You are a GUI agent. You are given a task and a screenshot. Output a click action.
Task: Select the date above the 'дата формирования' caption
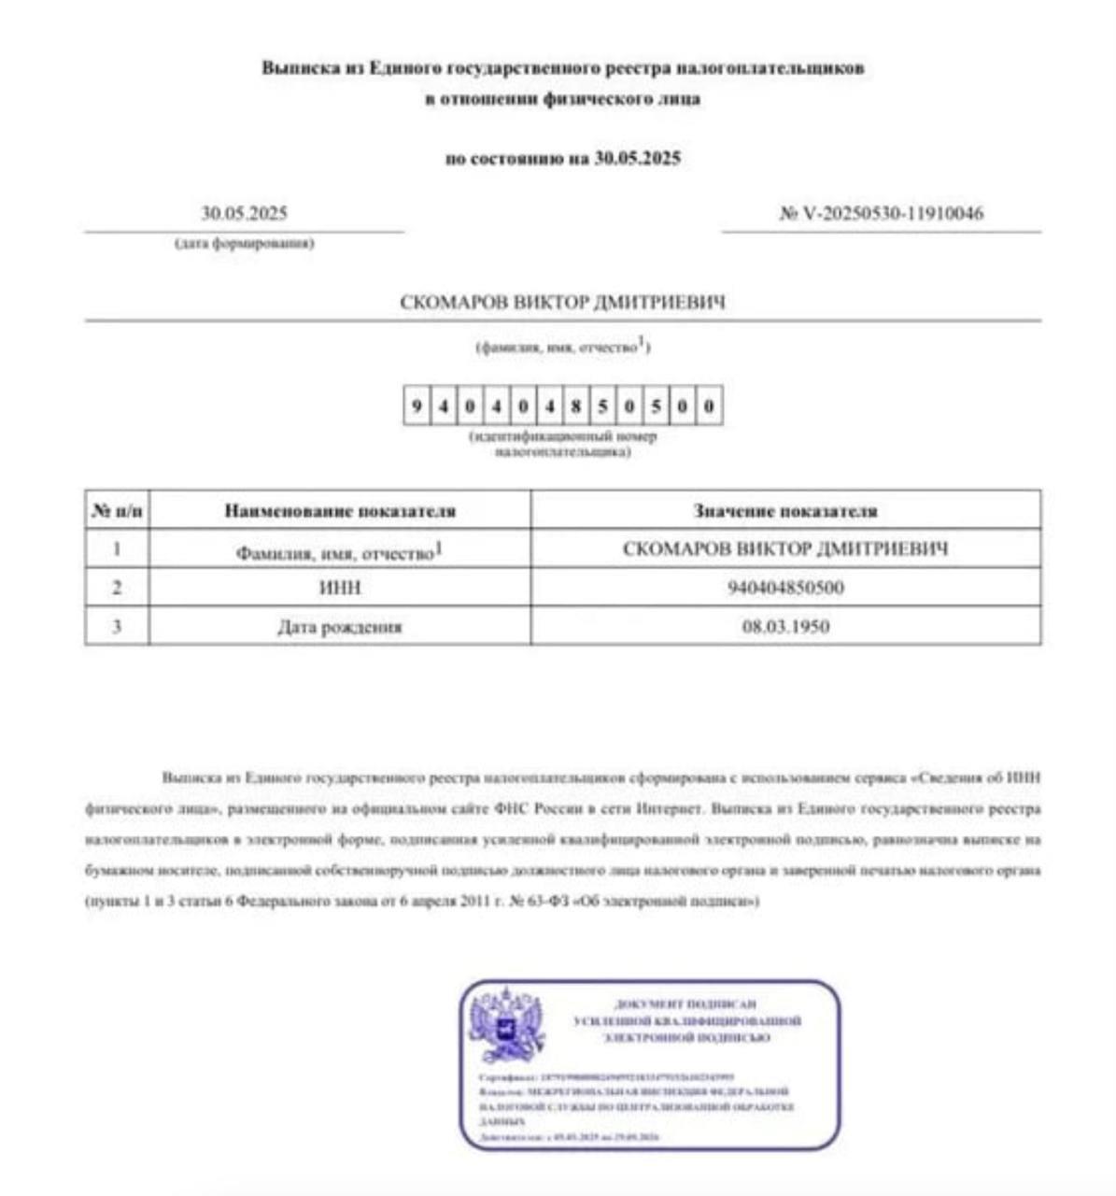[x=244, y=214]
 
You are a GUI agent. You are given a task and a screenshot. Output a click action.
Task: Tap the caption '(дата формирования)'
[x=244, y=244]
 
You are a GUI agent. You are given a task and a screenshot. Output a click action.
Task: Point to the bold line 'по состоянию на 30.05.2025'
[x=562, y=158]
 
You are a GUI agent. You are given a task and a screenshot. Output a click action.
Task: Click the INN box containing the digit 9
[x=417, y=406]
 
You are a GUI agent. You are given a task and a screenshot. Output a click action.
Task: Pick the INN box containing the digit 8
[x=577, y=406]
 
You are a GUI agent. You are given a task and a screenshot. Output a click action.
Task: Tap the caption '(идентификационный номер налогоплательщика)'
[x=562, y=444]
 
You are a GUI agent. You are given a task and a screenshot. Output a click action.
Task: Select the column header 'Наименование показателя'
[x=340, y=511]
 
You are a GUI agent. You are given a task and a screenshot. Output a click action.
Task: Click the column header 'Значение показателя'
[x=784, y=511]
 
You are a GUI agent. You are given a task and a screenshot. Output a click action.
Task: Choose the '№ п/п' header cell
[x=117, y=511]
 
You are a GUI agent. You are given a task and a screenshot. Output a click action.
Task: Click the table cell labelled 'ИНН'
[x=340, y=588]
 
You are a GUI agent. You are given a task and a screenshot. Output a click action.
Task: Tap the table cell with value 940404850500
[x=784, y=588]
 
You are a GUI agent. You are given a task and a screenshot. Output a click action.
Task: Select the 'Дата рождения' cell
[x=340, y=626]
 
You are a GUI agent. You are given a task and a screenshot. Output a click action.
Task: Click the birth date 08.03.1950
[x=784, y=626]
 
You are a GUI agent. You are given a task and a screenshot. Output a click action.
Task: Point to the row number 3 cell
[x=117, y=626]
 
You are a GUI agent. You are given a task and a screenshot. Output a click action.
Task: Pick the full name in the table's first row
[x=784, y=549]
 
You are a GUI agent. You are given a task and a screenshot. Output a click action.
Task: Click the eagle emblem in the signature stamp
[x=506, y=1025]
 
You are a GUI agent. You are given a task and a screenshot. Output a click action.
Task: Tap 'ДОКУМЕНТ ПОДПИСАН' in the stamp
[x=685, y=1004]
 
